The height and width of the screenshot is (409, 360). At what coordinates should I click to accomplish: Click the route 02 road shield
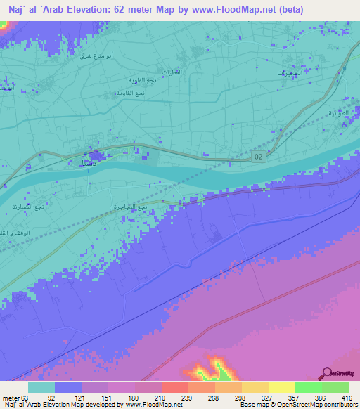pyautogui.click(x=260, y=157)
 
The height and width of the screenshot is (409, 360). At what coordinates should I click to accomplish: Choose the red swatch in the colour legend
pyautogui.click(x=174, y=387)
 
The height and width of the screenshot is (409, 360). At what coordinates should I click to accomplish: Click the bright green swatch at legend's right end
pyautogui.click(x=335, y=387)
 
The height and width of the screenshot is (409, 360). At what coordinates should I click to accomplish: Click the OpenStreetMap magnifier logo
pyautogui.click(x=328, y=372)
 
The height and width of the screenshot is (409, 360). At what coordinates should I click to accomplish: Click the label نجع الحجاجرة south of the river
pyautogui.click(x=131, y=207)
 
